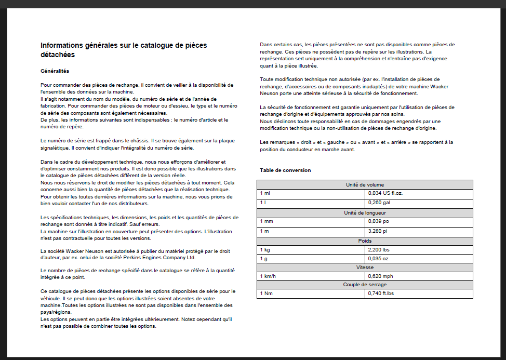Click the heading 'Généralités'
pyautogui.click(x=55, y=71)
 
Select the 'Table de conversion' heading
pyautogui.click(x=285, y=170)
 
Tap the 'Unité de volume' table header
pyautogui.click(x=365, y=184)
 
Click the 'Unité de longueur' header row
pyautogui.click(x=365, y=212)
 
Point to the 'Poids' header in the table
pyautogui.click(x=365, y=241)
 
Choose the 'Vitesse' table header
pyautogui.click(x=365, y=267)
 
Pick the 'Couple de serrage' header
pyautogui.click(x=365, y=285)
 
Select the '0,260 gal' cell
pyautogui.click(x=379, y=203)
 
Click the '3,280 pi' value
pyautogui.click(x=377, y=231)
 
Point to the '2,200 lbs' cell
pyautogui.click(x=379, y=250)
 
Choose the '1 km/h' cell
pyautogui.click(x=268, y=276)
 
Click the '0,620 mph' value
pyautogui.click(x=380, y=276)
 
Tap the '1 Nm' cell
pyautogui.click(x=265, y=294)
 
